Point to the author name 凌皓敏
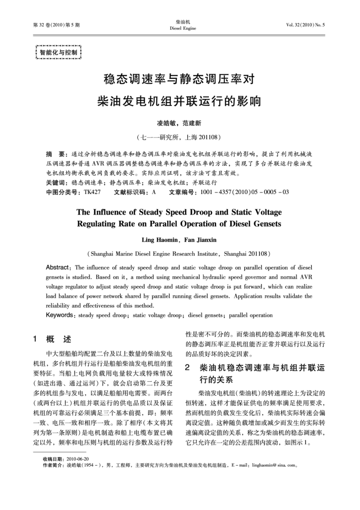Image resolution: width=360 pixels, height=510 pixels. tap(166, 124)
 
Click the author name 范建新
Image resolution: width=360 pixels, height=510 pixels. tap(193, 124)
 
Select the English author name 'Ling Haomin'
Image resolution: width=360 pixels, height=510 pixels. tap(160, 240)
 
